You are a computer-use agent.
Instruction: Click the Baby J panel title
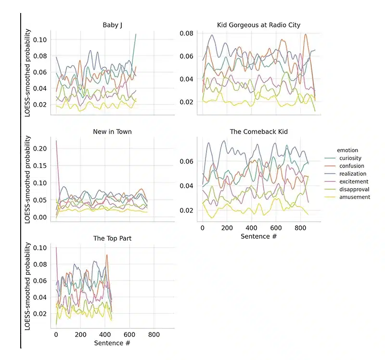(111, 25)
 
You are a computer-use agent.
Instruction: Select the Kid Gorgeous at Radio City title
(258, 25)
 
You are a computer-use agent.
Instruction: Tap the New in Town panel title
(112, 131)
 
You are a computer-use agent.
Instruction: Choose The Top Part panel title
(111, 238)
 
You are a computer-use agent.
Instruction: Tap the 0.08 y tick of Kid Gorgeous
(186, 33)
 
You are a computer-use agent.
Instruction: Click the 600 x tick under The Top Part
(129, 334)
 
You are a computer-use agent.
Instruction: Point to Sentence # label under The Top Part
(112, 343)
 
